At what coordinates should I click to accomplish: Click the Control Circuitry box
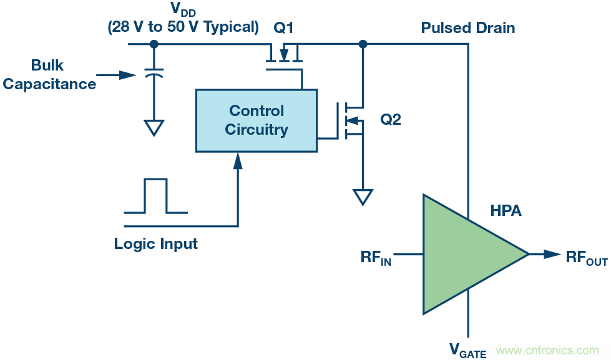(256, 120)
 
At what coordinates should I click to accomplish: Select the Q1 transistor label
(283, 27)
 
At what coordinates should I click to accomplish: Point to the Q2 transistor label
(391, 120)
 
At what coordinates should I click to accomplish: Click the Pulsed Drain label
(468, 27)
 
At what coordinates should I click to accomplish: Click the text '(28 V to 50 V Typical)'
(183, 27)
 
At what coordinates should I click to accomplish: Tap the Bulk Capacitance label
(49, 75)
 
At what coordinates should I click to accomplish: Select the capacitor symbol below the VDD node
(154, 74)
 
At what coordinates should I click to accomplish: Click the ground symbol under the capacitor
(154, 127)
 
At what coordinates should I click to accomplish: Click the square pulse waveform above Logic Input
(155, 196)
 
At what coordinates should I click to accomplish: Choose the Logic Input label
(155, 244)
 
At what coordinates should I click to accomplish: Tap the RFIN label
(376, 257)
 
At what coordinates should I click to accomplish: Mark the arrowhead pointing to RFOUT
(552, 254)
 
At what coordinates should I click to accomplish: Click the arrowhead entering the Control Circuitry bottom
(238, 160)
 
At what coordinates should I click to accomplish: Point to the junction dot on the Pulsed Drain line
(363, 44)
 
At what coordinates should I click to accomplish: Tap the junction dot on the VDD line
(154, 44)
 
